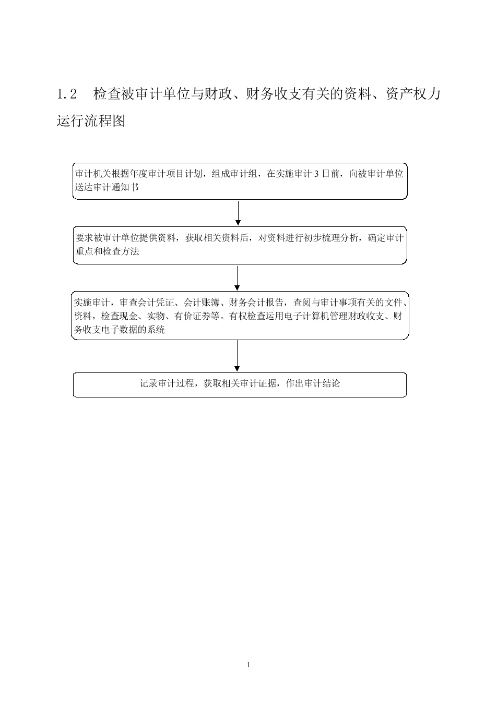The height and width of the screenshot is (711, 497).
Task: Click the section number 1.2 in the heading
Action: coord(67,94)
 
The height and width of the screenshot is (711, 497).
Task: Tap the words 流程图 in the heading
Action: coord(105,120)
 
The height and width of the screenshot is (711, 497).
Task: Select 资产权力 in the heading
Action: coord(413,94)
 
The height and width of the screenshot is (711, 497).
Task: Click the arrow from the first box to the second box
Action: coord(238,213)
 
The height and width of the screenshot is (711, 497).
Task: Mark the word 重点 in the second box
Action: coord(85,251)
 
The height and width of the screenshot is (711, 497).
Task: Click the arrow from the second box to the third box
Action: coord(237,278)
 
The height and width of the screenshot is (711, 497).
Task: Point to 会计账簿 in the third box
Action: coord(202,303)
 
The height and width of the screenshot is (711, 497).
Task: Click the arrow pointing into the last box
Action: coord(237,356)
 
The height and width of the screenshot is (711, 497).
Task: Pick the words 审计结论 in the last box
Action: coord(322,383)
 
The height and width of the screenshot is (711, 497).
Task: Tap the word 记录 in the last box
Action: coord(149,383)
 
